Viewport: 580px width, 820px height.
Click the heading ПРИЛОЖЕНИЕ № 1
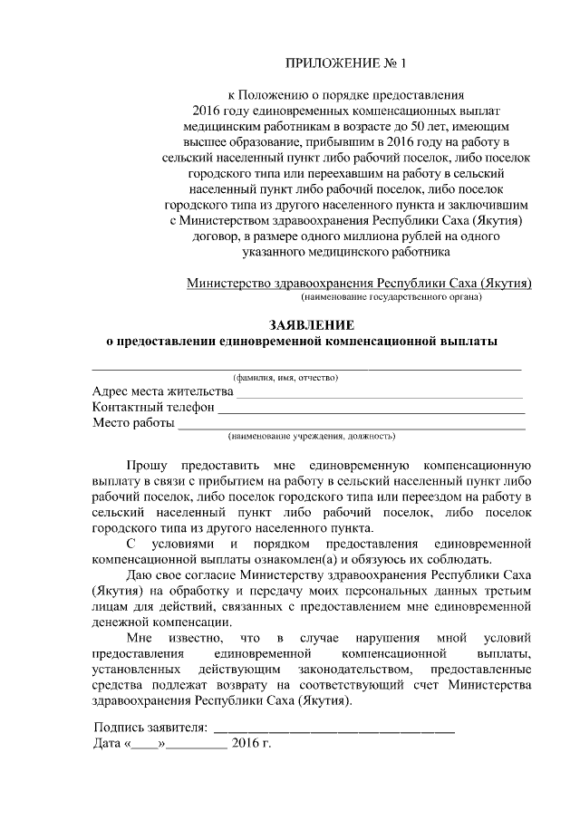click(347, 63)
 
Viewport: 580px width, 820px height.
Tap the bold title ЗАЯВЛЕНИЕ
click(308, 324)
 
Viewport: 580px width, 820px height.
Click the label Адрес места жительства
click(162, 391)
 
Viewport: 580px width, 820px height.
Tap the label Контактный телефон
click(153, 408)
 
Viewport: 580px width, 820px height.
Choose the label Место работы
click(133, 424)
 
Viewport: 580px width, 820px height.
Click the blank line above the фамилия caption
click(306, 368)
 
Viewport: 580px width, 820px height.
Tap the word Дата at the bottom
click(108, 745)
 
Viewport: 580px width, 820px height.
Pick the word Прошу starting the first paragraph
click(147, 463)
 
